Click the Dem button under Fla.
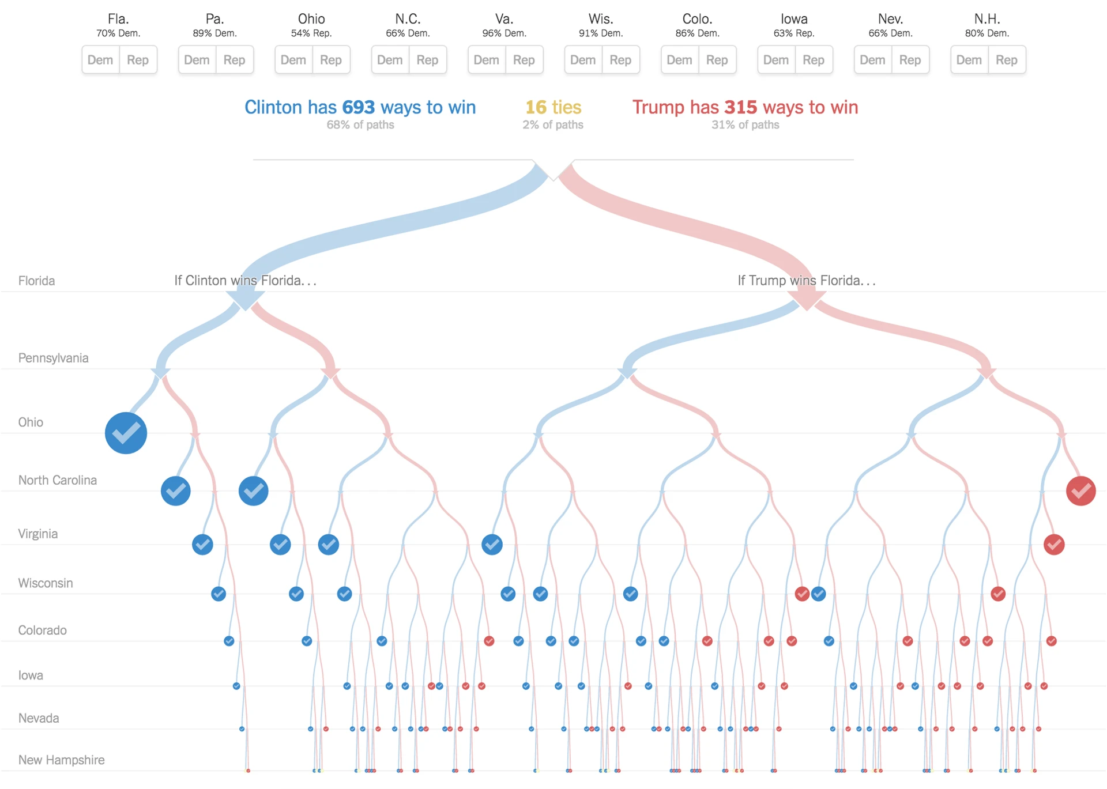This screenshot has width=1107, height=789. point(100,60)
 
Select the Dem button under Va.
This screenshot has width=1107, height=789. point(486,60)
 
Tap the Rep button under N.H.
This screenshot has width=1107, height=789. point(1006,60)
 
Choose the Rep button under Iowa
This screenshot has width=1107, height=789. point(813,60)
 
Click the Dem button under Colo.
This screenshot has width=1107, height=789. point(679,60)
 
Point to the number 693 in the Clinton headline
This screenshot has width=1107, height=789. point(358,107)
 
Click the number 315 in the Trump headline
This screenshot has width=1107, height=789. point(740,107)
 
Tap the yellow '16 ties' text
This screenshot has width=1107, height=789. point(553,107)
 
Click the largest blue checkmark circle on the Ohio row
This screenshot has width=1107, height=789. point(126,433)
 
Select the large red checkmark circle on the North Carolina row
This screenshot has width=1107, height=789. point(1080,491)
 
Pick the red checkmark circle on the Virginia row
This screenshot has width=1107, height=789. point(1054,544)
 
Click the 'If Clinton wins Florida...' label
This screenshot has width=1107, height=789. point(245,281)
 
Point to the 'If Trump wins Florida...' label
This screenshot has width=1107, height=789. point(806,281)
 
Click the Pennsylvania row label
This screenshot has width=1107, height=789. point(54,358)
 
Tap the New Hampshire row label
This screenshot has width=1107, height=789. point(62,760)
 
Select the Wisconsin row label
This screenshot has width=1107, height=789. point(46,583)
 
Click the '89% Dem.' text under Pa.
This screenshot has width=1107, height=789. point(214,33)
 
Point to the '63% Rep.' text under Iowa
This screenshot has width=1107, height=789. point(794,33)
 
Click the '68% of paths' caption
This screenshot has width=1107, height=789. point(360,125)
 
